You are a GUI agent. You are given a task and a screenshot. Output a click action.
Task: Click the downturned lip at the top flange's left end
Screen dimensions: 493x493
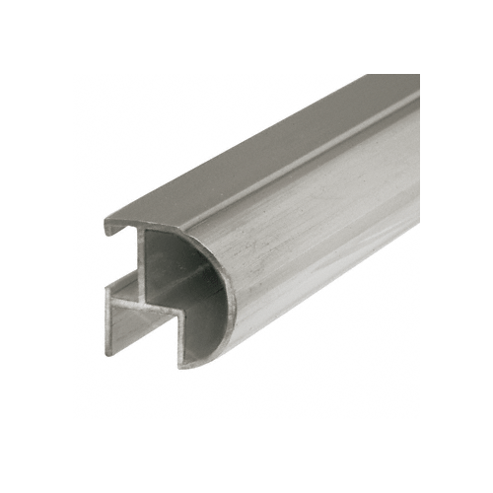107,229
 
